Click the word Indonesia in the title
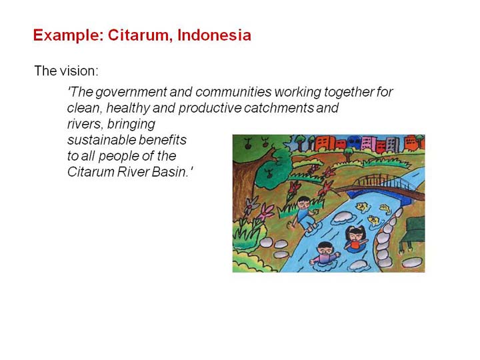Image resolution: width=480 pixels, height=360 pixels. (x=214, y=35)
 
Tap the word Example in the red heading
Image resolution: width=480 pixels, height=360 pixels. (x=68, y=36)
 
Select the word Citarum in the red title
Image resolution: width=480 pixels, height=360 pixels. (x=139, y=35)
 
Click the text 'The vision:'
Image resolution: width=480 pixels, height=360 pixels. (x=67, y=71)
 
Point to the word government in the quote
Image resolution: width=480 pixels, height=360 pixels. (x=131, y=92)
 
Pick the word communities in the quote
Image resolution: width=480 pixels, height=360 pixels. (x=233, y=92)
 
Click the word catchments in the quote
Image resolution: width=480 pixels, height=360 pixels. (x=279, y=108)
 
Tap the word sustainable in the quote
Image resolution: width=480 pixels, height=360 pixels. (x=97, y=140)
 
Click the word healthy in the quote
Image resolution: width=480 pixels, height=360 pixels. (x=128, y=108)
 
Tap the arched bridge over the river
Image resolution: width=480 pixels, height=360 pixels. (x=383, y=186)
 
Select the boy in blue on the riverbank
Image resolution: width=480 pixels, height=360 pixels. (x=304, y=213)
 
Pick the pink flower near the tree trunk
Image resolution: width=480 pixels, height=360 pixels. (x=266, y=211)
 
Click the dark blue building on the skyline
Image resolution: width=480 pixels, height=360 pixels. (x=354, y=143)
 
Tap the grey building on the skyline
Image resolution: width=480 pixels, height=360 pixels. (x=392, y=144)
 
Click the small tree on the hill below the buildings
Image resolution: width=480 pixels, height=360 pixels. (x=348, y=154)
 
